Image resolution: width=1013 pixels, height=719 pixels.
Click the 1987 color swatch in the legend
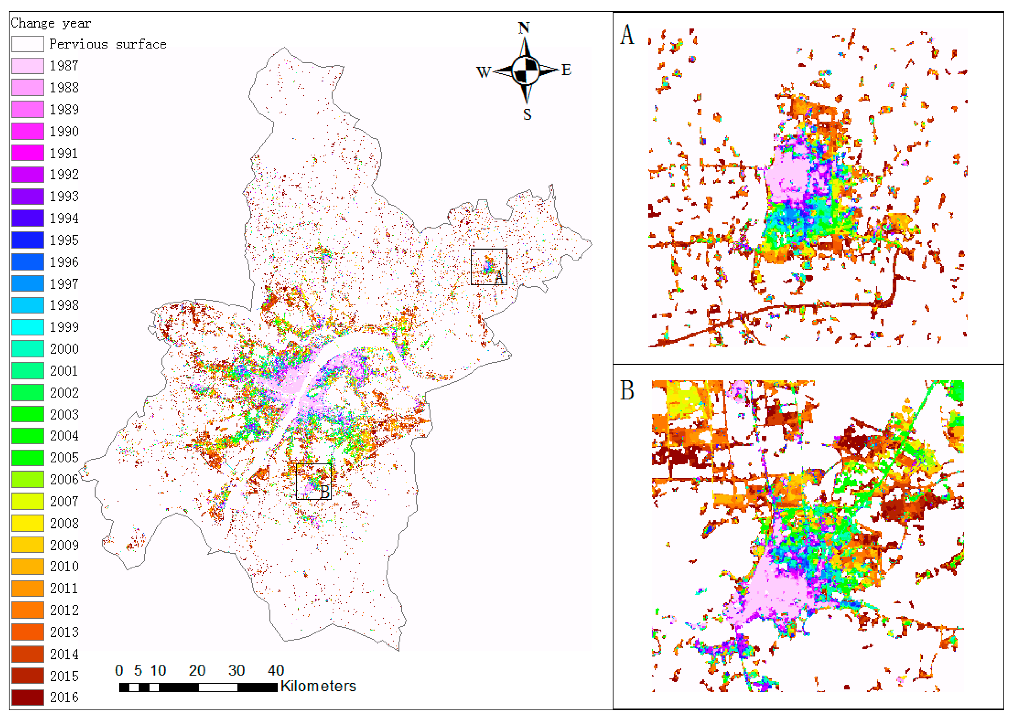[28, 66]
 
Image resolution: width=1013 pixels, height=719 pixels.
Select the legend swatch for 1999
[28, 327]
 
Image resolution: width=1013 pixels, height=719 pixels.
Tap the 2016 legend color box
[28, 697]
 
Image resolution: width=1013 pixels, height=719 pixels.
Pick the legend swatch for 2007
[28, 501]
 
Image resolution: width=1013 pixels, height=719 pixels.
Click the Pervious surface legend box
[28, 44]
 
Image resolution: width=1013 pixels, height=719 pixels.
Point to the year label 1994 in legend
[64, 218]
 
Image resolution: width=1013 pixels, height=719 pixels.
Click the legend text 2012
[64, 610]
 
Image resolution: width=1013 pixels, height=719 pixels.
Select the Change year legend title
[51, 23]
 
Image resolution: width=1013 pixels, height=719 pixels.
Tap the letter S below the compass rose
[527, 115]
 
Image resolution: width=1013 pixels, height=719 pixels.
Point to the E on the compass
[566, 70]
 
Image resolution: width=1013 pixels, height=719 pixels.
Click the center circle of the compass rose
[526, 70]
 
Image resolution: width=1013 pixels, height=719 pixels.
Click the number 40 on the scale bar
[276, 670]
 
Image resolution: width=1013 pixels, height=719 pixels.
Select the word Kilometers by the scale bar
[318, 686]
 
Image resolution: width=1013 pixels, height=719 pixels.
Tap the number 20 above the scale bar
[197, 670]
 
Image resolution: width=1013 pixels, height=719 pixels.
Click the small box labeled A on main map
[489, 267]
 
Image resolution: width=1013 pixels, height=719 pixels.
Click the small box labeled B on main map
[314, 482]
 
